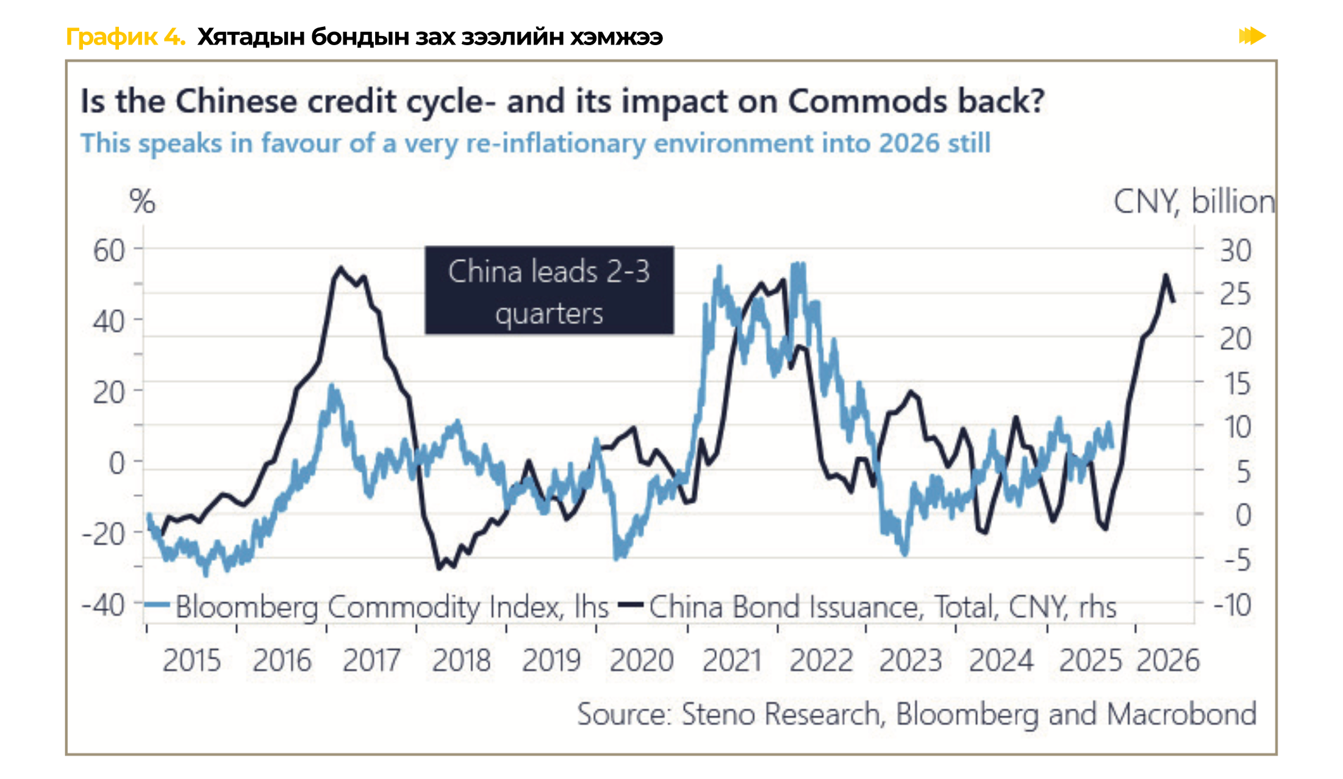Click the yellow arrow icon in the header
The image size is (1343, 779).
tap(1252, 36)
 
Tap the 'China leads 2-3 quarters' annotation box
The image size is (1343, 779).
tap(549, 290)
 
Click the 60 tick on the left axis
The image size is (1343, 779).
tap(109, 251)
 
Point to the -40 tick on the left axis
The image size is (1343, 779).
tap(104, 606)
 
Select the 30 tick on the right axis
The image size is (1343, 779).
tap(1235, 251)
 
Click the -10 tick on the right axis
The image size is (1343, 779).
tap(1232, 606)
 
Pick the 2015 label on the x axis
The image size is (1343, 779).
tap(192, 661)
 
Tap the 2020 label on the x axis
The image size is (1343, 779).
tap(641, 661)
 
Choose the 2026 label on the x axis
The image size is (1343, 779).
tap(1168, 661)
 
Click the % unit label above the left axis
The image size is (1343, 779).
tap(142, 201)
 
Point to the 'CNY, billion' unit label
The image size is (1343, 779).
tap(1194, 201)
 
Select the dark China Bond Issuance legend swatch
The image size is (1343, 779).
tap(631, 605)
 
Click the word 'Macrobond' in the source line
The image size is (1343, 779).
tap(1181, 714)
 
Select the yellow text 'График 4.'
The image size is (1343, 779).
tap(125, 37)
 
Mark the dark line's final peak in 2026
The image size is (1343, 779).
tap(1166, 275)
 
